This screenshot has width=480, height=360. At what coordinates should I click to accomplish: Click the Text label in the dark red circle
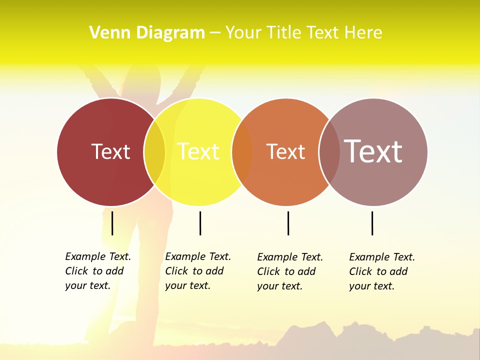click(x=110, y=151)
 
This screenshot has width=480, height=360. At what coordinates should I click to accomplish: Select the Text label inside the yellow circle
click(x=198, y=151)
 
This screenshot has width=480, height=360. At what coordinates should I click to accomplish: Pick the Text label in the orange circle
click(x=285, y=151)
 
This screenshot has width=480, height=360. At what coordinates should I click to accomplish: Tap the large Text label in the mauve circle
click(x=373, y=151)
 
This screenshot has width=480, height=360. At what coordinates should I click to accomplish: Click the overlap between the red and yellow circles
click(x=154, y=152)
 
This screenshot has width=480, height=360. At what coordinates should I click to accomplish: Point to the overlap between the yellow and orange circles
click(x=242, y=152)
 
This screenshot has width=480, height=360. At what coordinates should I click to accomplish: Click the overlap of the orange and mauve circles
click(x=329, y=152)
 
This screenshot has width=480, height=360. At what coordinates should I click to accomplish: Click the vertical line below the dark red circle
click(x=112, y=223)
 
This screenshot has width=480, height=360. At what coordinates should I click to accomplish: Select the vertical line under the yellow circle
click(x=200, y=223)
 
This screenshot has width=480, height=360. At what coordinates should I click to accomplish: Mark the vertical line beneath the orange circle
click(x=288, y=223)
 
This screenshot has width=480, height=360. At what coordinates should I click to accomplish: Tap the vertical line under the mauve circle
click(x=372, y=223)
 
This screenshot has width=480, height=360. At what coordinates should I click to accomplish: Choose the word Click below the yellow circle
click(x=176, y=271)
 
